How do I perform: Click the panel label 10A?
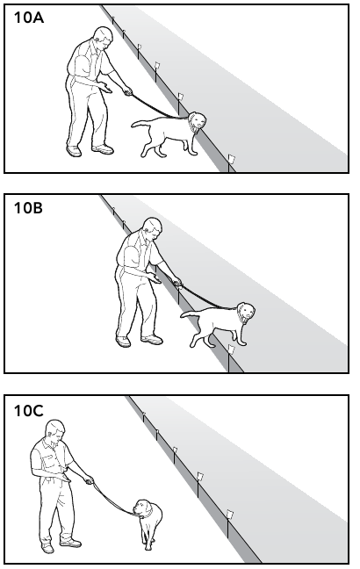click(29, 18)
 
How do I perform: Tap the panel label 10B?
click(28, 208)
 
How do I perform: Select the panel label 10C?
click(29, 410)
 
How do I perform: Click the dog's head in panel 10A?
click(197, 121)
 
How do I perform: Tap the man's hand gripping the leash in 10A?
click(127, 91)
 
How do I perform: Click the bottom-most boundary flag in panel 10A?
click(231, 159)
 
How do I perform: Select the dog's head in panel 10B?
click(246, 312)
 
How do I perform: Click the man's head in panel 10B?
click(153, 227)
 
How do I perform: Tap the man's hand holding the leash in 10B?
click(176, 282)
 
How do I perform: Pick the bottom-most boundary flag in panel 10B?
click(231, 349)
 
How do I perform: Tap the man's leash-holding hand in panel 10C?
click(89, 481)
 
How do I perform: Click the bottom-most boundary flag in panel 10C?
click(229, 515)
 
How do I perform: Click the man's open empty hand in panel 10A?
click(105, 88)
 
